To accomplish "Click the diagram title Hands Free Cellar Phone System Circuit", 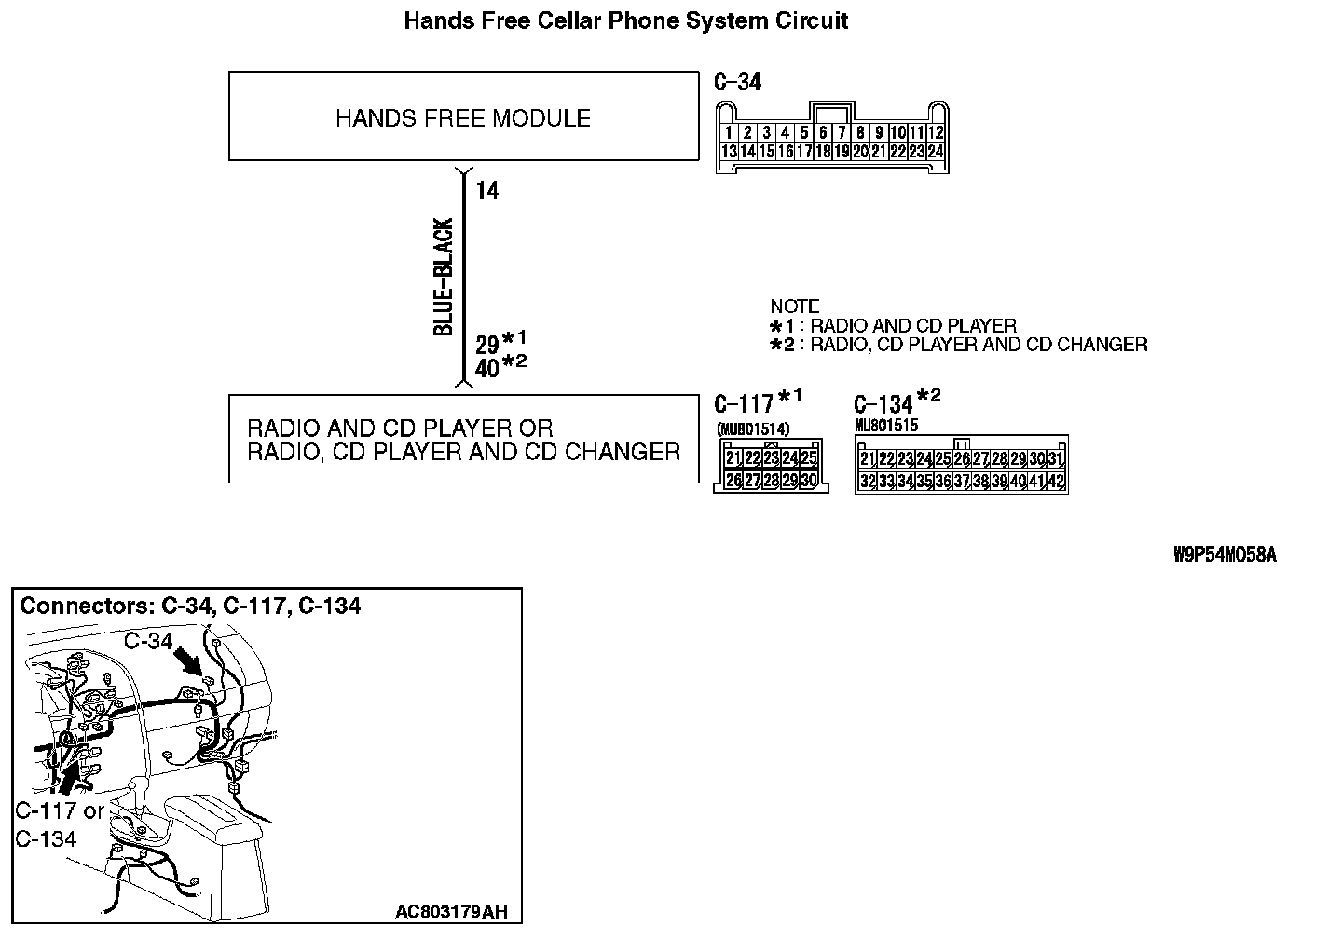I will (625, 20).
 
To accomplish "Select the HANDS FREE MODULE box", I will (463, 118).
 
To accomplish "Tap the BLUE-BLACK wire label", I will (445, 277).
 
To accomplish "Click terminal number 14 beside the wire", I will (487, 191).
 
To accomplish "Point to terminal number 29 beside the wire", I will (487, 345).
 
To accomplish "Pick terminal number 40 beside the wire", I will (487, 369).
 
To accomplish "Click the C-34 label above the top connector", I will (737, 82).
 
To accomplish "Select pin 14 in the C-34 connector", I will (747, 151).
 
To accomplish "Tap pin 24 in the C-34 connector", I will (935, 151).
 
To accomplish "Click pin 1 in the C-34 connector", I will (728, 133).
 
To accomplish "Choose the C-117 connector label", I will (744, 403).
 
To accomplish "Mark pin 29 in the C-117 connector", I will (789, 481).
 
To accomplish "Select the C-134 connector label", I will (883, 404).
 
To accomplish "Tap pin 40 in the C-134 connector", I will (1017, 482).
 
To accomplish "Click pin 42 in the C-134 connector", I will (1055, 482).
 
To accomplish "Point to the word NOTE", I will (795, 306).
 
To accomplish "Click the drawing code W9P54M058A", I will (1225, 555).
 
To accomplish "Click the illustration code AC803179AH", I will (452, 911).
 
